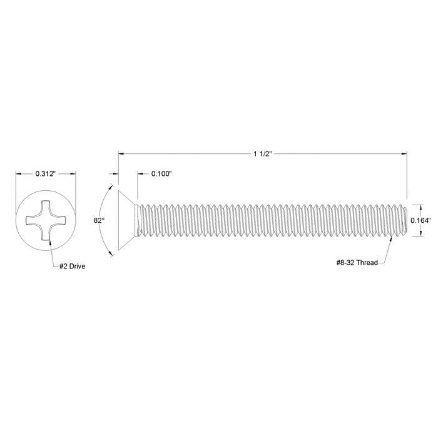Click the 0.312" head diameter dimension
click(46, 174)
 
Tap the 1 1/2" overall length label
click(263, 154)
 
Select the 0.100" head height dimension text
click(161, 174)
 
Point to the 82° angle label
click(99, 220)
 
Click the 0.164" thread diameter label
click(420, 220)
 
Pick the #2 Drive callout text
click(72, 266)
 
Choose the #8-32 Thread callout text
click(357, 263)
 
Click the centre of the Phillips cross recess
click(46, 220)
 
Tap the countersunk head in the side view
click(128, 220)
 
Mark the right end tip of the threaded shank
click(407, 220)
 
